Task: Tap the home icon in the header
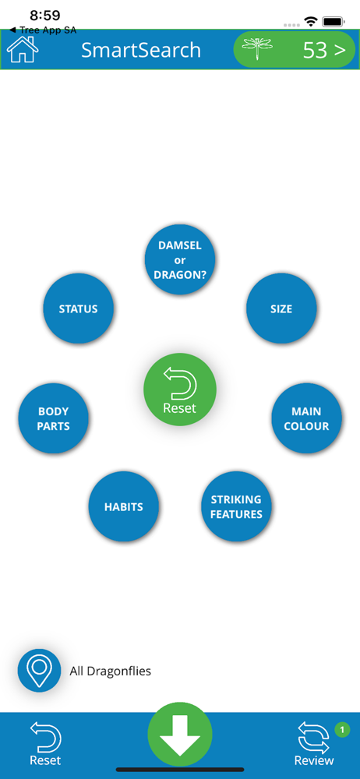click(23, 50)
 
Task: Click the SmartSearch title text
click(141, 50)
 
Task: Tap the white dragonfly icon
click(258, 50)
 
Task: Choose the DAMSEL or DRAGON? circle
click(180, 260)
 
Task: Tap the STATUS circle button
click(79, 308)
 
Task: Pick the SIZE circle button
click(281, 308)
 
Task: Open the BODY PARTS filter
click(54, 418)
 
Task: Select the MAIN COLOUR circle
click(307, 418)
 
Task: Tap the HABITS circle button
click(124, 506)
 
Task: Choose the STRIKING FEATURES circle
click(236, 506)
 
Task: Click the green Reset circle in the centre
click(180, 389)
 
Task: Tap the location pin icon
click(39, 671)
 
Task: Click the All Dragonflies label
click(111, 671)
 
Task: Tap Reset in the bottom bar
click(45, 744)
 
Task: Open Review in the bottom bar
click(314, 744)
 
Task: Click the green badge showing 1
click(341, 729)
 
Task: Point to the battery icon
click(334, 21)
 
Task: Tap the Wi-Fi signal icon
click(311, 21)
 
